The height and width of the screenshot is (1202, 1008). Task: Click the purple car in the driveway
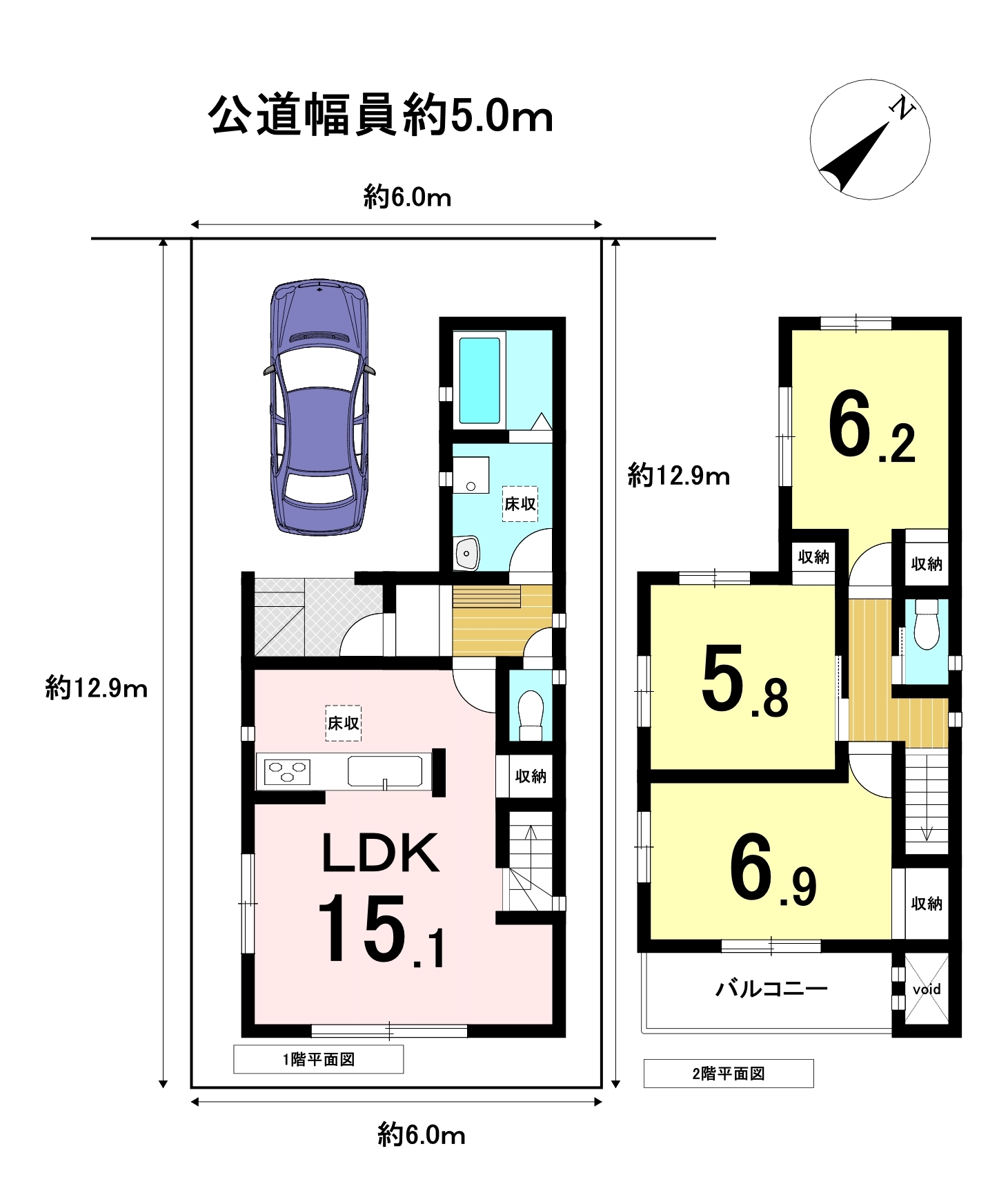pyautogui.click(x=319, y=407)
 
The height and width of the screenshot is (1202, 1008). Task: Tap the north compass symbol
pyautogui.click(x=869, y=139)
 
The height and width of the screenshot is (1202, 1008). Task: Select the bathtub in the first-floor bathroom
pyautogui.click(x=480, y=380)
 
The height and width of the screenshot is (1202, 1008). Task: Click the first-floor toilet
pyautogui.click(x=531, y=715)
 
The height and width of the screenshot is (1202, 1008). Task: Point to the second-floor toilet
pyautogui.click(x=926, y=624)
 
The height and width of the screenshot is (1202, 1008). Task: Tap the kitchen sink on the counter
pyautogui.click(x=385, y=771)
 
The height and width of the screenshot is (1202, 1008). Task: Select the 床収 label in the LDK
pyautogui.click(x=343, y=723)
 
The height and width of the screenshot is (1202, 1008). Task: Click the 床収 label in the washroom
pyautogui.click(x=520, y=503)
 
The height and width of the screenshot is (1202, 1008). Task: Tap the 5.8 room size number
pyautogui.click(x=744, y=680)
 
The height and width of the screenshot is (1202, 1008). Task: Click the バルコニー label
pyautogui.click(x=771, y=989)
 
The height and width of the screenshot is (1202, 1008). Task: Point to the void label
pyautogui.click(x=926, y=989)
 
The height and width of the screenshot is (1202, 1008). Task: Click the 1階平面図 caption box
pyautogui.click(x=319, y=1059)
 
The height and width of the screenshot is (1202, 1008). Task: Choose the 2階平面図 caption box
pyautogui.click(x=729, y=1074)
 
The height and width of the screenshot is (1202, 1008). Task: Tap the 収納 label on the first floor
pyautogui.click(x=531, y=776)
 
